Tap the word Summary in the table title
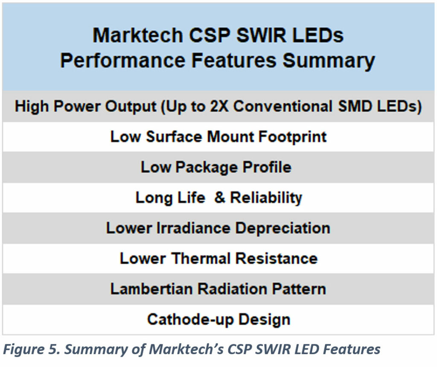(328, 61)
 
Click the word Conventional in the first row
(282, 106)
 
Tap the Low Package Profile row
(216, 167)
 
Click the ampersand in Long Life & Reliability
(219, 198)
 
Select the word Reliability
(266, 198)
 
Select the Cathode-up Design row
(218, 319)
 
